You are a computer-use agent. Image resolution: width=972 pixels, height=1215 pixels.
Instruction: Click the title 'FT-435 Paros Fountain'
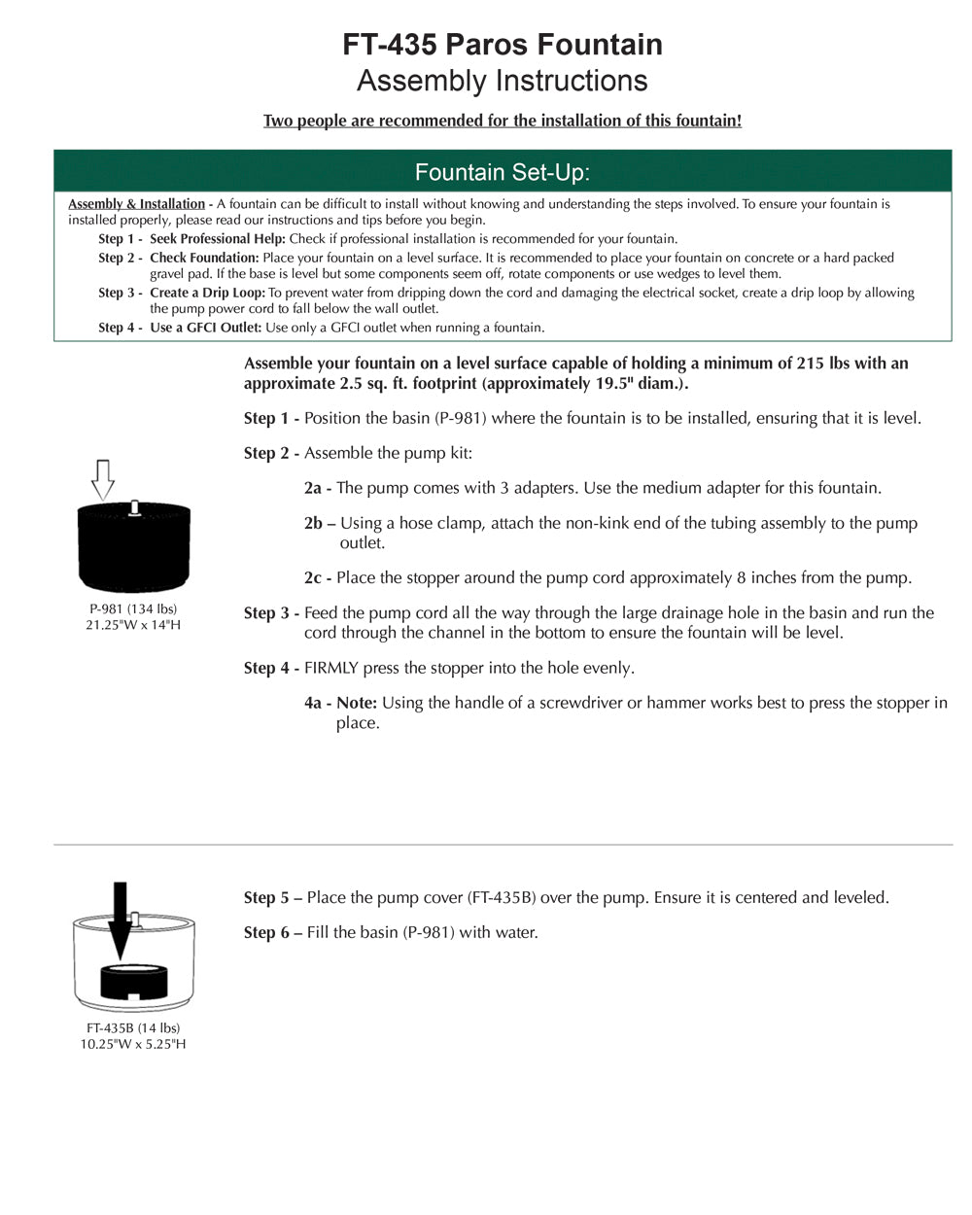coord(503,45)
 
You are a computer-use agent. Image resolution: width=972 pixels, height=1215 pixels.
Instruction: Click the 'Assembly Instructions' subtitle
coord(503,81)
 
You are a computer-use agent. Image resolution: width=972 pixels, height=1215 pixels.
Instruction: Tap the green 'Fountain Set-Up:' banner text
coord(503,173)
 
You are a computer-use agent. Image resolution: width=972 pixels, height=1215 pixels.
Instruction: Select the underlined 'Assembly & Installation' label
coord(137,204)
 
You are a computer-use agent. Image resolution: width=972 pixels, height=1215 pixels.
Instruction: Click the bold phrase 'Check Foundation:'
coord(204,258)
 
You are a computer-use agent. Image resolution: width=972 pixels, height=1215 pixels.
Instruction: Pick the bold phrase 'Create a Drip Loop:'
coord(207,293)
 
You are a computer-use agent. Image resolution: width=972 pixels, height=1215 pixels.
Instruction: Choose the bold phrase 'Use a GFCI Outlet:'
coord(205,328)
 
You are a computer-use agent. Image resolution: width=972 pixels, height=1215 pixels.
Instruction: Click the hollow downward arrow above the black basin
coord(103,479)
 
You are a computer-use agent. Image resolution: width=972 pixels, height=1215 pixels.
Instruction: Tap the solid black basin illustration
coord(134,549)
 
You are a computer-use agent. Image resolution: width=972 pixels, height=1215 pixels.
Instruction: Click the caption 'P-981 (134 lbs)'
coord(133,609)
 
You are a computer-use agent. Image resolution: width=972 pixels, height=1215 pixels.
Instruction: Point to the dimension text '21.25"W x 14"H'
coord(133,625)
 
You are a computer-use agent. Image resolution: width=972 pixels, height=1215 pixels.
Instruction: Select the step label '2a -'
coord(318,488)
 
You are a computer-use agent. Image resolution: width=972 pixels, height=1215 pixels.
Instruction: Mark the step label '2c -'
coord(318,578)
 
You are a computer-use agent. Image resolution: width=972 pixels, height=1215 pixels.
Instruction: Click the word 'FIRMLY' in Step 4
coord(332,669)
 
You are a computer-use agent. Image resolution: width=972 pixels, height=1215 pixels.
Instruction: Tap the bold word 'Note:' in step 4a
coord(357,703)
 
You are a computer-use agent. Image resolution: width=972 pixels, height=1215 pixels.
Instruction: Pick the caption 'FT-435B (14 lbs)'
coord(133,1028)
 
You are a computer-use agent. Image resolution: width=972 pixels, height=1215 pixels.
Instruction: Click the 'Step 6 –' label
coord(273,933)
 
